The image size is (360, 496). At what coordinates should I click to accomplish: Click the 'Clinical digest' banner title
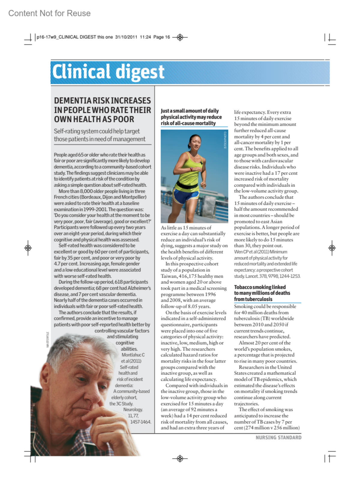tap(108, 72)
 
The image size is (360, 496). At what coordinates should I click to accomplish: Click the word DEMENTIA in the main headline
tap(73, 100)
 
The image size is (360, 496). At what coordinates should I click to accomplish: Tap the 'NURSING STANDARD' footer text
tap(278, 438)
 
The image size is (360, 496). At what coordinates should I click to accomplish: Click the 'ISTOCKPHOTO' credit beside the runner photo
tap(225, 140)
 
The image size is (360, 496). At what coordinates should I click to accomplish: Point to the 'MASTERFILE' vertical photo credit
tap(47, 339)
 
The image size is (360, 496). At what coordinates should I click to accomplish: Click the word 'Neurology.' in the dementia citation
tap(133, 410)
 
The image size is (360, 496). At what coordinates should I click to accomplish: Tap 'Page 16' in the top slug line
tap(161, 37)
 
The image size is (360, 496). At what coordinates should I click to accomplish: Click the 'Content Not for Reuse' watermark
tap(49, 13)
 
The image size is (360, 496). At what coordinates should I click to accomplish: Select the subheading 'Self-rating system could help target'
tap(97, 131)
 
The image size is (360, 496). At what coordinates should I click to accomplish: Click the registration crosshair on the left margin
tap(28, 248)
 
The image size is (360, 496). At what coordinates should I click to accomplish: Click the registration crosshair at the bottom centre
tap(180, 458)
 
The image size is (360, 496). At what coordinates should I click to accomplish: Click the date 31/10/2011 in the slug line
tap(126, 37)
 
